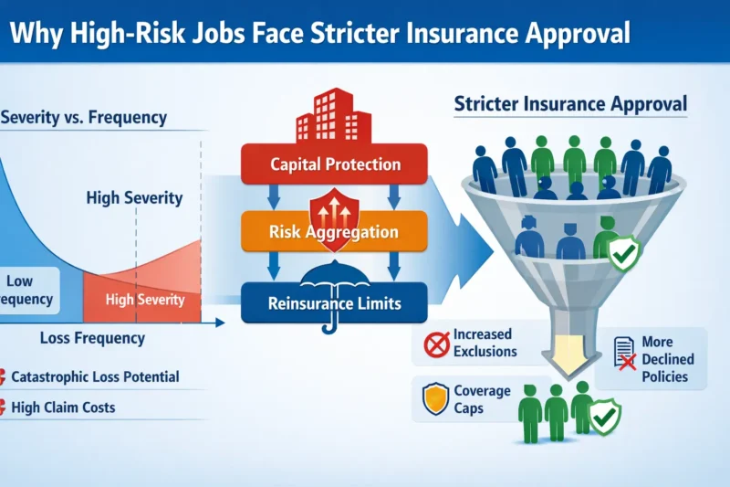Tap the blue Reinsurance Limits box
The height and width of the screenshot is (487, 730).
click(335, 302)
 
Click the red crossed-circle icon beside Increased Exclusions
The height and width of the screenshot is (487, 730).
click(436, 344)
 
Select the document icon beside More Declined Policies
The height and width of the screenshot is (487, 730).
click(624, 354)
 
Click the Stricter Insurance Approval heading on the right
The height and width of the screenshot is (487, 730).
click(570, 104)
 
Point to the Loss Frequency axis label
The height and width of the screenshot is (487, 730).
click(92, 338)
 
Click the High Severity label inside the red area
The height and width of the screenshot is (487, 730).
click(145, 300)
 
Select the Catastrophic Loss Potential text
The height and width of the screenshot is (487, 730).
click(96, 376)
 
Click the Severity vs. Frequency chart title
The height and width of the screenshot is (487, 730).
click(84, 118)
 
